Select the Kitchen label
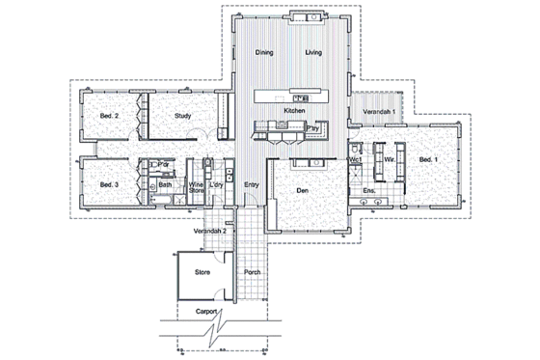[x=294, y=111]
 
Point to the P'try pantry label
[x=312, y=128]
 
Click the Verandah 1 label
[x=377, y=113]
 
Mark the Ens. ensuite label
[x=369, y=191]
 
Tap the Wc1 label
[x=355, y=160]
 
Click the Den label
[x=303, y=191]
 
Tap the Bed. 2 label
[x=109, y=117]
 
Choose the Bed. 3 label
[x=109, y=183]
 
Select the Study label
[x=182, y=117]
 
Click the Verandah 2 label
[x=211, y=233]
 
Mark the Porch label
[x=253, y=273]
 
